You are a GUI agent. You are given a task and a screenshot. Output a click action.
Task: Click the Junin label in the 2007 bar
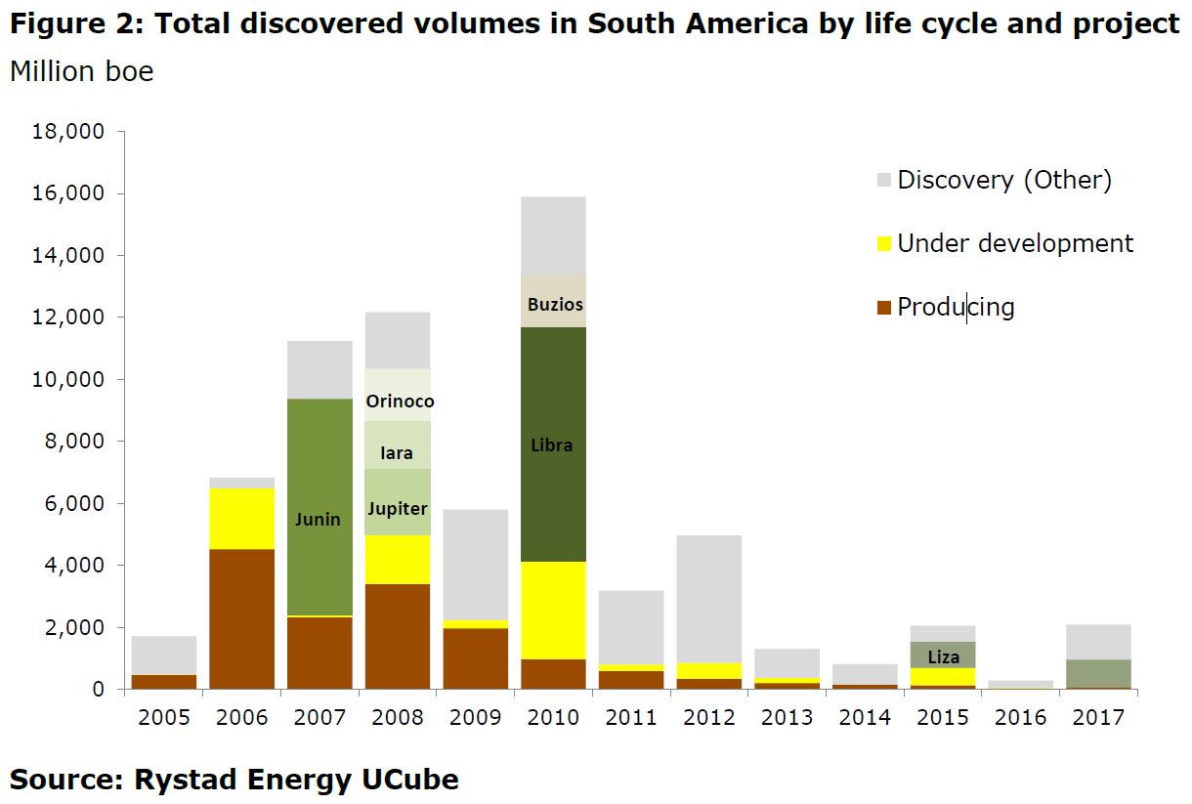pos(319,519)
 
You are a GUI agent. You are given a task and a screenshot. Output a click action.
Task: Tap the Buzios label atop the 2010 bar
pos(555,304)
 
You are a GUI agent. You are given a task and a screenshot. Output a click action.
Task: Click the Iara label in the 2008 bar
pos(397,453)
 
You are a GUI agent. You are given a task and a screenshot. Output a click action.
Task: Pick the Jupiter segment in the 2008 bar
pos(397,508)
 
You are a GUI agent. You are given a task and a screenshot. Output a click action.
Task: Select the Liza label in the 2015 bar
pos(944,656)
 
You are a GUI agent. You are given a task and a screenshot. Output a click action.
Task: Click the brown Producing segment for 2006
pos(241,618)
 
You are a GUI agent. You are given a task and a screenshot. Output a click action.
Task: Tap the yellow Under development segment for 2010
pos(553,610)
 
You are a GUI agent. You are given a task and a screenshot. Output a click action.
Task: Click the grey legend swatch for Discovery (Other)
pos(884,180)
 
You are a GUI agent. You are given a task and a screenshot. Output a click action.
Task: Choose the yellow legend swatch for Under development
pos(884,243)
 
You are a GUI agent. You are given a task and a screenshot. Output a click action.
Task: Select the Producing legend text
pos(956,307)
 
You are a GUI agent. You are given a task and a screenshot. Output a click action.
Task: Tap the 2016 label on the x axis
pos(1021,718)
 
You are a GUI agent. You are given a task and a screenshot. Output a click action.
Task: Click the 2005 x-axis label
pos(163,718)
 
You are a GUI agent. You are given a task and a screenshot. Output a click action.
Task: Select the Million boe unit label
pos(82,72)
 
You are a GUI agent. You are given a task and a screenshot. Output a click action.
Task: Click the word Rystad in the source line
pos(182,780)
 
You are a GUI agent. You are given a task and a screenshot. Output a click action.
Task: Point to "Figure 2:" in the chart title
pos(73,23)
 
